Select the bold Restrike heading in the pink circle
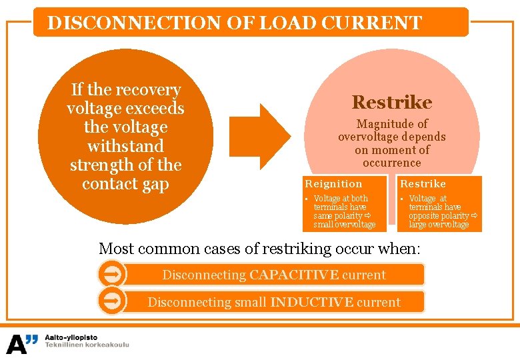391,102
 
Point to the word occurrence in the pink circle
392,163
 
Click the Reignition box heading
333,183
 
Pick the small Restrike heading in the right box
423,183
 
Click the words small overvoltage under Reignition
345,225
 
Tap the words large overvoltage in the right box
439,225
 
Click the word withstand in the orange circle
125,145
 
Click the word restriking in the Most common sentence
294,249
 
